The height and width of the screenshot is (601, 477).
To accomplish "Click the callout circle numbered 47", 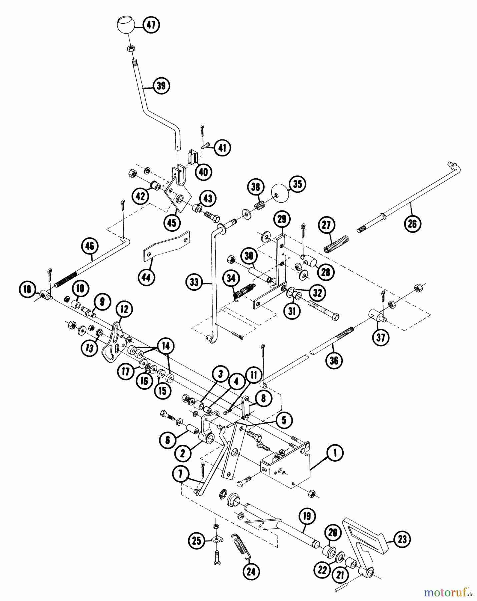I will (151, 25).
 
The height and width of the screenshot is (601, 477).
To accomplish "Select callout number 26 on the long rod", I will (412, 223).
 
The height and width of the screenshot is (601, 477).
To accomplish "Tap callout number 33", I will (194, 282).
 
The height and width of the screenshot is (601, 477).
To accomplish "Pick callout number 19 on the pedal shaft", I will (307, 516).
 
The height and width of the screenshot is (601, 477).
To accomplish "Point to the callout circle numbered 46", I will (90, 246).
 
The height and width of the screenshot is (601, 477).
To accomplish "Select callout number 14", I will (166, 346).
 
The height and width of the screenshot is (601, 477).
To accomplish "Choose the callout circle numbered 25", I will (197, 540).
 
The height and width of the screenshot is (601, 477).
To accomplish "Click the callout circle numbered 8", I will (264, 399).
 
